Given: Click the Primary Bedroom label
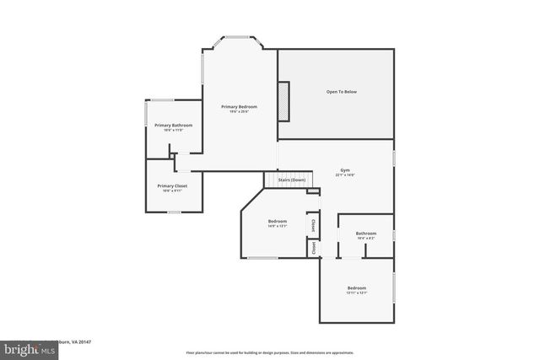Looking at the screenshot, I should (239, 107).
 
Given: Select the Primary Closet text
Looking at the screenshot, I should (172, 185).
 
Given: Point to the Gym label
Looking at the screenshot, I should (345, 169).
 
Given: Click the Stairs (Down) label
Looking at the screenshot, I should (291, 180).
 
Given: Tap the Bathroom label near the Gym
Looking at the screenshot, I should (365, 234).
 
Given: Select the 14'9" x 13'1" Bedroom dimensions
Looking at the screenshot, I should (278, 226).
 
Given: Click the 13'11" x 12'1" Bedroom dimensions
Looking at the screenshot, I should (355, 293).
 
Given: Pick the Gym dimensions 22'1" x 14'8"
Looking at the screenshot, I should (345, 175).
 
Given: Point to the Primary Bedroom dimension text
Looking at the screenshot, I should (239, 112).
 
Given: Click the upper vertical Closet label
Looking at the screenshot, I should (313, 225).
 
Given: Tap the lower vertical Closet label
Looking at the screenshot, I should (313, 247).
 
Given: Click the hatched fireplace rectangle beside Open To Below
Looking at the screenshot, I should (284, 104).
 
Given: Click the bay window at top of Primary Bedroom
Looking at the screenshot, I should (235, 37).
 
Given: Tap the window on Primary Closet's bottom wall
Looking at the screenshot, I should (173, 212).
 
